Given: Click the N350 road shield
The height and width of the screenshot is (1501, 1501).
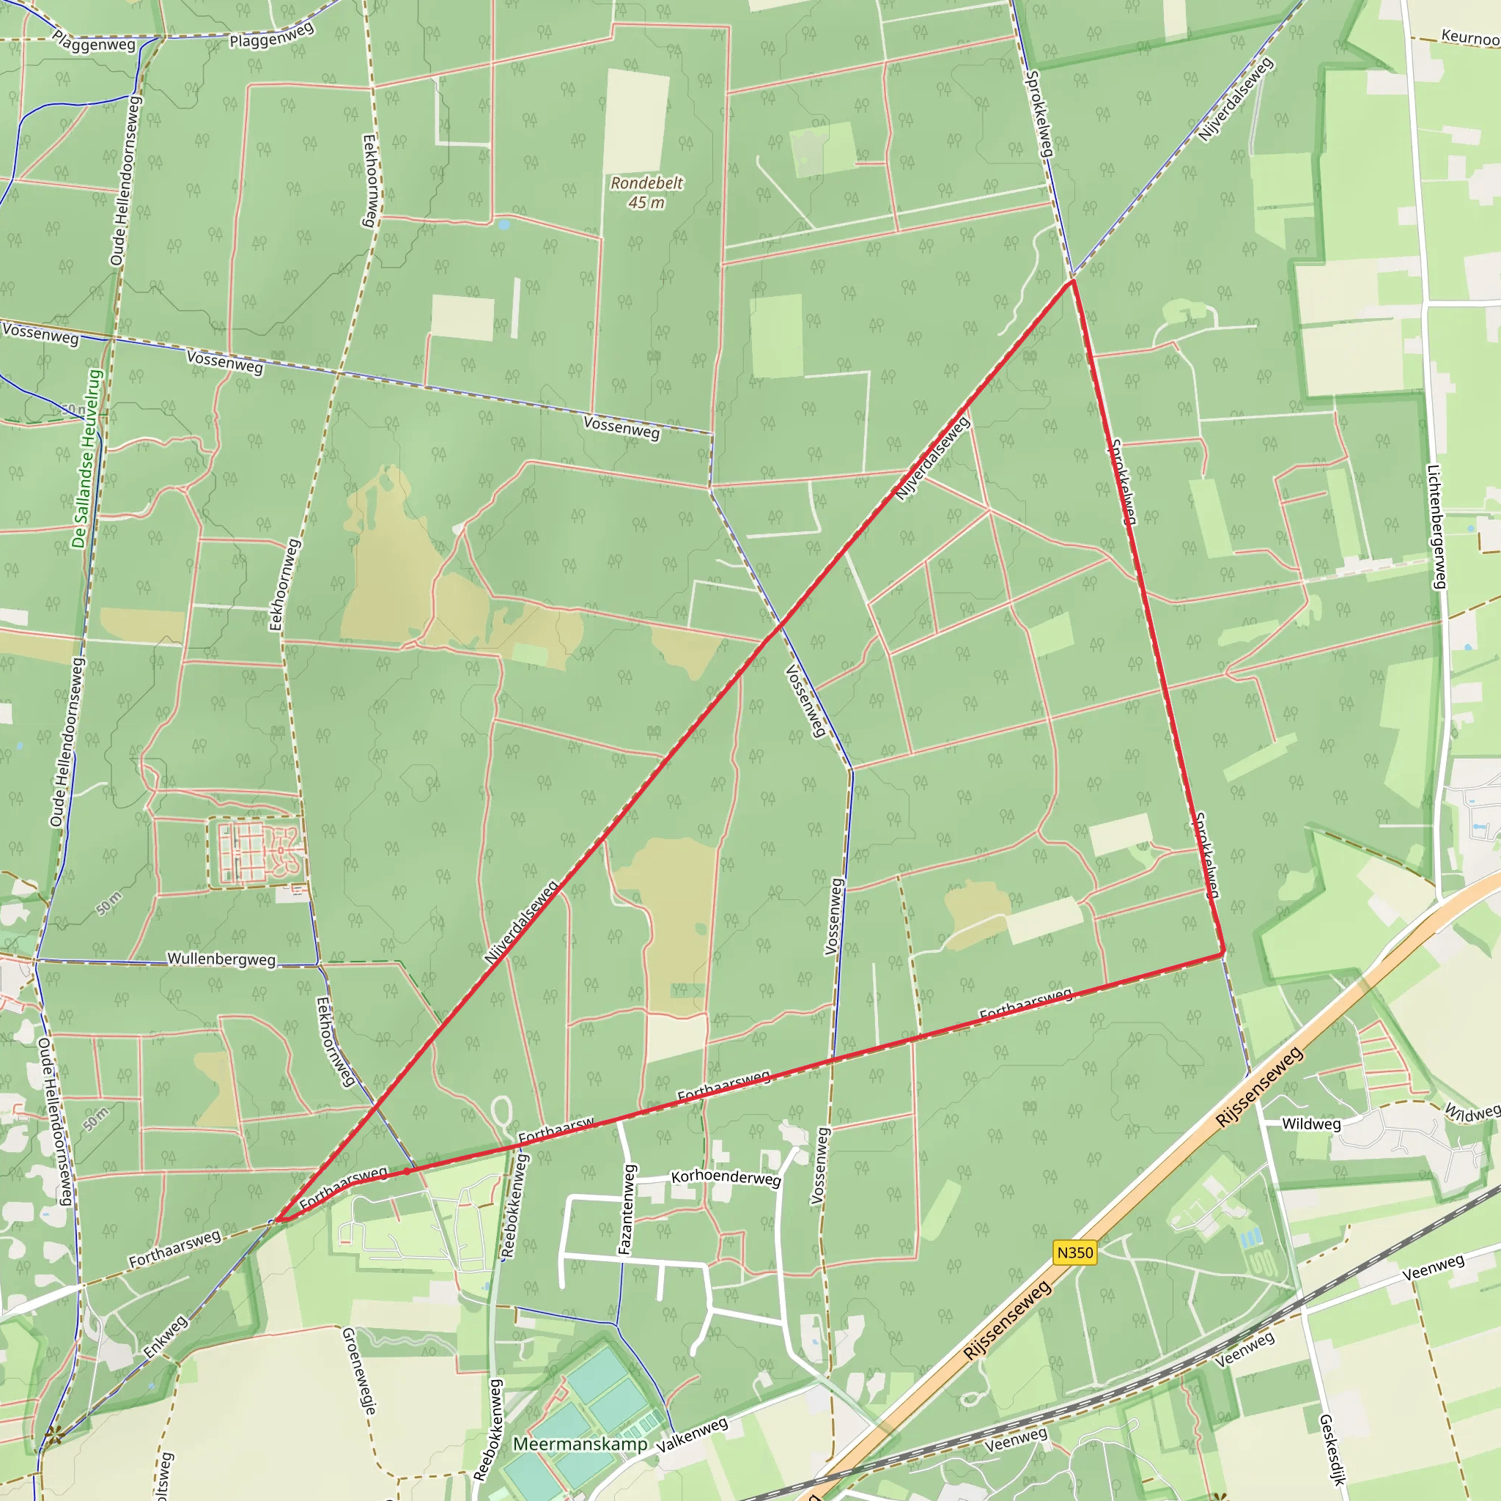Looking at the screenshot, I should point(1075,1253).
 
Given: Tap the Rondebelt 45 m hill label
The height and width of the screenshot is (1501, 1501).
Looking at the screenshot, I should point(646,193).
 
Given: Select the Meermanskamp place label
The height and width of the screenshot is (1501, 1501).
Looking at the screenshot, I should point(580,1444).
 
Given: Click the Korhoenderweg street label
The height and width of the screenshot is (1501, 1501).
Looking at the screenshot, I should point(726,1177).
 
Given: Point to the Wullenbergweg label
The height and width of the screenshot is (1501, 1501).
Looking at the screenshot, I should point(221,959).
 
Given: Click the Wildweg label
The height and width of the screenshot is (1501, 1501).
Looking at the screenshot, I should point(1310,1124).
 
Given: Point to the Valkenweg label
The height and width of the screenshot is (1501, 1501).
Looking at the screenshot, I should point(692,1435).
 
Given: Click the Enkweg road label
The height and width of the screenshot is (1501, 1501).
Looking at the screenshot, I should point(166,1336).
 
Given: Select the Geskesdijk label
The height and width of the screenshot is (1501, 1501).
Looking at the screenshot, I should point(1332,1449).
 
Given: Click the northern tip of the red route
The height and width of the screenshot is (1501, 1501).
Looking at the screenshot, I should point(1072,281).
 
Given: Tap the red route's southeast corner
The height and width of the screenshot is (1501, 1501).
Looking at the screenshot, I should point(1224,953).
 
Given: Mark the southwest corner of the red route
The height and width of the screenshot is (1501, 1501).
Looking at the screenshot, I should point(278,1220).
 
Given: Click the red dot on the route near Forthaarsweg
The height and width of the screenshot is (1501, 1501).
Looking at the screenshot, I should point(406,1170).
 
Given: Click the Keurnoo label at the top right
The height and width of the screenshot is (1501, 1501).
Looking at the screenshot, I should point(1470,37).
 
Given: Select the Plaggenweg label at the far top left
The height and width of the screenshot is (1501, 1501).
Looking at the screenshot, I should point(94,42).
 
